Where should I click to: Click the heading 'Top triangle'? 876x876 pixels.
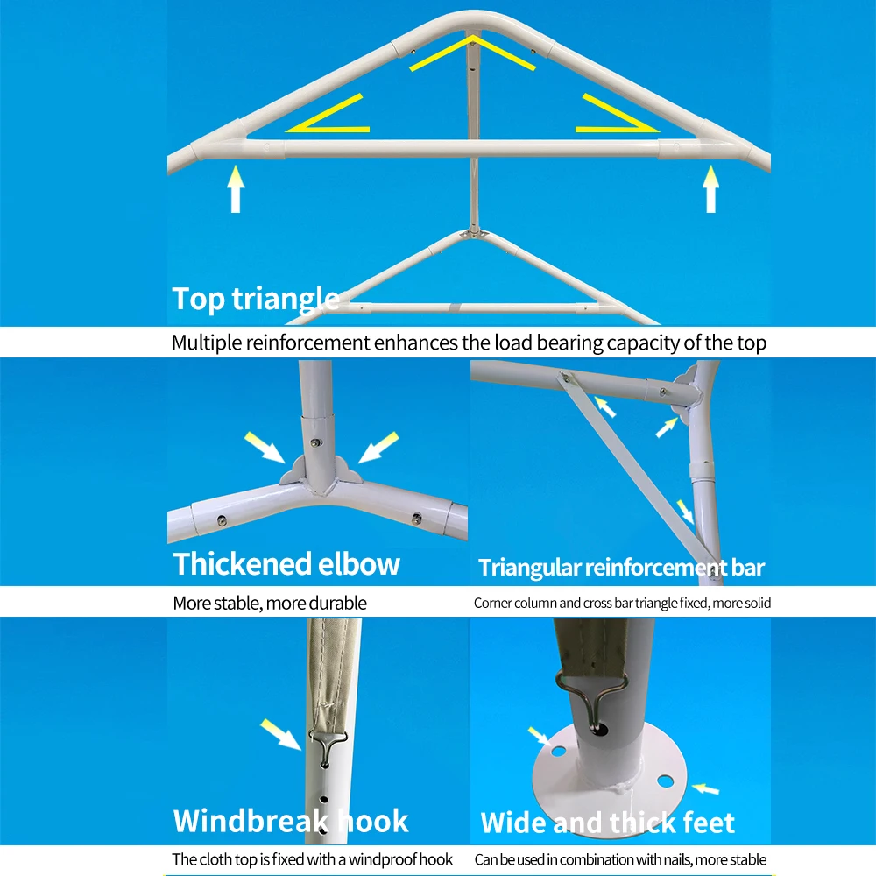pos(255,299)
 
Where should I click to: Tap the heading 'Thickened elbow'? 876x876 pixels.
pos(286,563)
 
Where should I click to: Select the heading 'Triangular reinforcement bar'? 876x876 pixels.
pos(621,568)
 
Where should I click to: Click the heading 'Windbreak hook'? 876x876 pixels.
pos(291,821)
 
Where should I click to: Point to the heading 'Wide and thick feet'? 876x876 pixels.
pos(607,823)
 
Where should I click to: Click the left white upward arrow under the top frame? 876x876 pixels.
pos(235,191)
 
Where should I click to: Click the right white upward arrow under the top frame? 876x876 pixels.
pos(710,191)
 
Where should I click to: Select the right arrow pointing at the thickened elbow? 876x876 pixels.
pos(380,447)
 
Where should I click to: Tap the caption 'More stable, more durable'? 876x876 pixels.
pos(270,603)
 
